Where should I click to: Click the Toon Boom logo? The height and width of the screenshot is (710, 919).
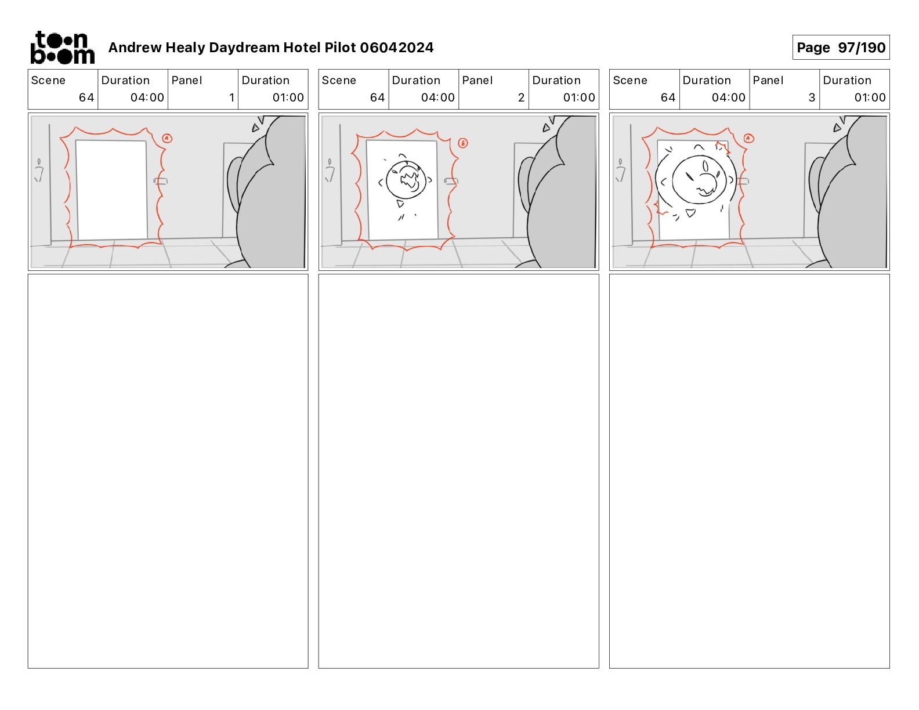[x=63, y=48]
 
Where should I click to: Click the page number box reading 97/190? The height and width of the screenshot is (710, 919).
[x=840, y=48]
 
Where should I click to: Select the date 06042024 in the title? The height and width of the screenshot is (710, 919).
[x=396, y=48]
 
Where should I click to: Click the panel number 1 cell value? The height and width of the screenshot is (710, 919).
[x=231, y=97]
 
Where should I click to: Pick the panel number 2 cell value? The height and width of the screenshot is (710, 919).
[x=521, y=97]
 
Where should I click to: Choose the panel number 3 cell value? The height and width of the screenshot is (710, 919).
[x=812, y=97]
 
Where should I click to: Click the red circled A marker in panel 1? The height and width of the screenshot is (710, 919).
[x=167, y=138]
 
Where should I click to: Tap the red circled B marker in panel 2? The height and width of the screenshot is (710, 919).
[x=462, y=143]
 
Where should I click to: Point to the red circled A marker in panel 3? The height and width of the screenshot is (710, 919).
[x=748, y=138]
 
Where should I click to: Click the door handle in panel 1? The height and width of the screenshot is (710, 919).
[x=160, y=182]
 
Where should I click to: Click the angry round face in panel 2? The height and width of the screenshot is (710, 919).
[x=406, y=180]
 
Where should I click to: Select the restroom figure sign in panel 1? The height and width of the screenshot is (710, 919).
[x=39, y=171]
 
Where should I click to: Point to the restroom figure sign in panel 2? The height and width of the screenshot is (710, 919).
[x=330, y=171]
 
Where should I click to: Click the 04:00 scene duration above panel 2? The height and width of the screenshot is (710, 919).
[x=437, y=97]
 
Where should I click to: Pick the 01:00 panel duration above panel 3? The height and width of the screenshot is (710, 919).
[x=870, y=97]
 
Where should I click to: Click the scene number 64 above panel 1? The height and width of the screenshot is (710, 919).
[x=86, y=97]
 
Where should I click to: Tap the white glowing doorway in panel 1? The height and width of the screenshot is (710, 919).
[x=111, y=190]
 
